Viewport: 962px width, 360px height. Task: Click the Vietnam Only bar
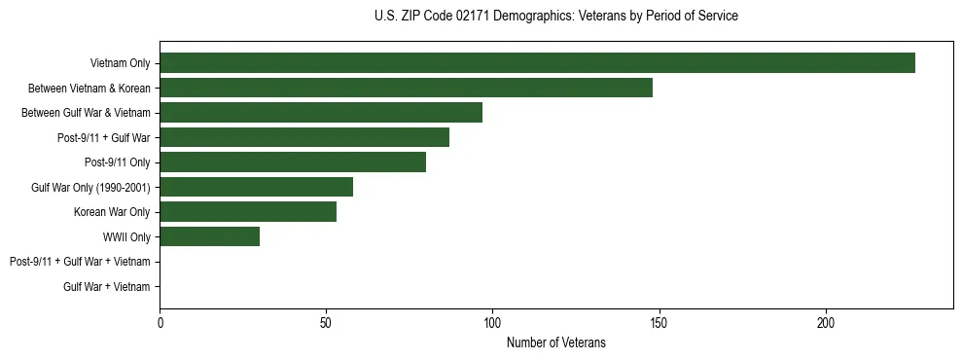tap(537, 63)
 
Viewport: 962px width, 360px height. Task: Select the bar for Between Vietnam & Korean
tap(406, 88)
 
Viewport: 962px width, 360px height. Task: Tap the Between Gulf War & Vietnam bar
tap(321, 113)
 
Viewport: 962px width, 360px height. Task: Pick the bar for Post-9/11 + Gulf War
tap(304, 137)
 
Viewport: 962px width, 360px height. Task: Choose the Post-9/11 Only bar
tap(293, 162)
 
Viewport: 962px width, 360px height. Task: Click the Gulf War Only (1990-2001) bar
tap(256, 187)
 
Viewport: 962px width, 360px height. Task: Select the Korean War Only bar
tap(248, 212)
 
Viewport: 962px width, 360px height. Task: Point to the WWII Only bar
tap(209, 236)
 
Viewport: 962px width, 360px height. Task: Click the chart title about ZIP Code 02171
tap(555, 17)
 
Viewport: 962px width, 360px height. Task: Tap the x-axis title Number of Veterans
tap(555, 342)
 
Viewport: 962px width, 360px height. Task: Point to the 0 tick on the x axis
tap(160, 322)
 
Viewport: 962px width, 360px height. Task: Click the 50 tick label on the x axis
tap(326, 322)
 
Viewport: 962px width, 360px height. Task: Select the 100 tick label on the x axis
tap(492, 322)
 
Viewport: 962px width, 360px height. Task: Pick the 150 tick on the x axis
tap(659, 322)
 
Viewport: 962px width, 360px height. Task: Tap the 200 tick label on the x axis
tap(825, 322)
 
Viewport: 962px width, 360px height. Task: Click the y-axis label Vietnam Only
tap(120, 64)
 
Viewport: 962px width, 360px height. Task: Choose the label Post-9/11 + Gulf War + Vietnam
tap(80, 262)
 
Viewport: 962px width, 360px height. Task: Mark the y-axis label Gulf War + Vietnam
tap(107, 287)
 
